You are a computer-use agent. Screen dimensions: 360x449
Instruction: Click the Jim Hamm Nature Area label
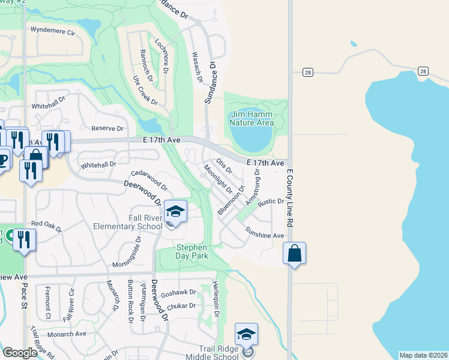[251, 118]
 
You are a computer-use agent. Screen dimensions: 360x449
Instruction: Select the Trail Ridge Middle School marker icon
[246, 334]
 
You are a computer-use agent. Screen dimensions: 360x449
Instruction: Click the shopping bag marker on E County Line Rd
[294, 253]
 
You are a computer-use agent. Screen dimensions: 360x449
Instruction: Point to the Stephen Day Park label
[191, 251]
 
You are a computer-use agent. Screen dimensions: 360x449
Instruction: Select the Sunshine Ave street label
[264, 236]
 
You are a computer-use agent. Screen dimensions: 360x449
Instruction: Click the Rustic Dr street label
[271, 202]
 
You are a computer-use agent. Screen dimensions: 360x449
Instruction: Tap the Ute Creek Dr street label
[145, 91]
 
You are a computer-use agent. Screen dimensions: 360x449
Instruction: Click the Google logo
[20, 353]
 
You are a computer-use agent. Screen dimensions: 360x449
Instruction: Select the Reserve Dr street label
[107, 128]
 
